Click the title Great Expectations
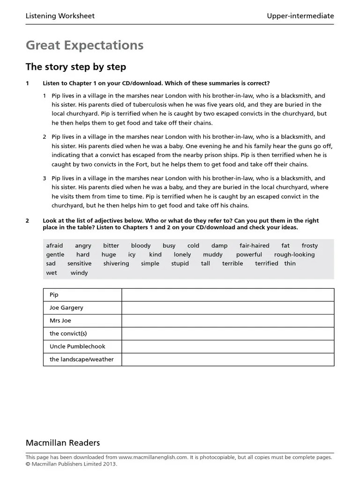point(84,45)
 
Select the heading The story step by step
point(75,67)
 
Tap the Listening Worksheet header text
point(60,16)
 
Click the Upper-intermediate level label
point(300,16)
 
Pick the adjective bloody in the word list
point(141,246)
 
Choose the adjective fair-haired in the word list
point(254,246)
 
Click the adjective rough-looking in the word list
point(294,255)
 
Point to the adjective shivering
point(116,263)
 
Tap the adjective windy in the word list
point(79,273)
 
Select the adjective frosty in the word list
point(309,246)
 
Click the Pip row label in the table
point(54,295)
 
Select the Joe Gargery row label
point(66,308)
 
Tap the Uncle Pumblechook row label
point(77,346)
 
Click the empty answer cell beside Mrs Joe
point(228,321)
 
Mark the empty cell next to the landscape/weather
point(228,360)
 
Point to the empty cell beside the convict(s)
point(228,334)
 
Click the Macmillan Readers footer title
point(62,443)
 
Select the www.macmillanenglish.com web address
point(153,457)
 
